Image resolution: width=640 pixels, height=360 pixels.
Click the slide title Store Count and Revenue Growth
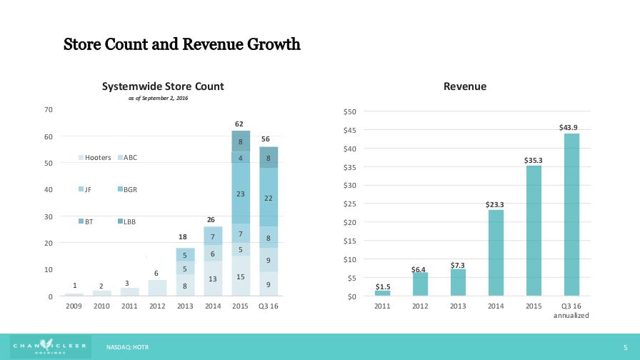[182, 44]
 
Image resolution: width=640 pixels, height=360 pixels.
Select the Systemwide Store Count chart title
[163, 86]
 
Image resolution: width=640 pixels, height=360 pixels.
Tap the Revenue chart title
[464, 86]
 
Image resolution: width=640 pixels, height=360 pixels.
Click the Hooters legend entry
[94, 158]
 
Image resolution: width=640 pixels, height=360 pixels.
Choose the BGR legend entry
[127, 190]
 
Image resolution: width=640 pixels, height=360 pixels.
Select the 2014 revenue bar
[496, 253]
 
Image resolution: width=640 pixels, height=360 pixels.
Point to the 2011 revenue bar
[383, 293]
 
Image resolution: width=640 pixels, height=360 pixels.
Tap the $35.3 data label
[533, 160]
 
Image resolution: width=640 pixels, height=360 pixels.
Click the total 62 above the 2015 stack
[241, 124]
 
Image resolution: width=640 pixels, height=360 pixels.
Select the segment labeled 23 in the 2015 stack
[241, 194]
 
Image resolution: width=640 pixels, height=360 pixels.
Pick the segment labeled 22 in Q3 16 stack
[269, 198]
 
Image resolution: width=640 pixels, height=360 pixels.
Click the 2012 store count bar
[156, 287]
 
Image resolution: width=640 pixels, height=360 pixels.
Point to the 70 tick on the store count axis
[49, 109]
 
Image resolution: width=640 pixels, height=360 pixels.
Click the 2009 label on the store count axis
[74, 306]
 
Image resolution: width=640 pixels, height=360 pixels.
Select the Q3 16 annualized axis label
[571, 311]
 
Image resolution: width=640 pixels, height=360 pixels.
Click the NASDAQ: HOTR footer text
[127, 347]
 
